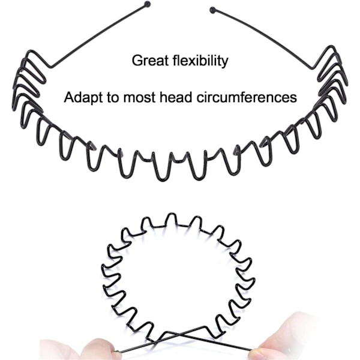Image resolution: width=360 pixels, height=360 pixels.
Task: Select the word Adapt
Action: (x=81, y=97)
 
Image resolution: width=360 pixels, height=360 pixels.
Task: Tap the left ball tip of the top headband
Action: (x=148, y=5)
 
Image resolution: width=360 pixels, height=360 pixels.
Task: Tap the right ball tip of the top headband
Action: (x=212, y=9)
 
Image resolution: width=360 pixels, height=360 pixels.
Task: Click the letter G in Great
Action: (x=137, y=61)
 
